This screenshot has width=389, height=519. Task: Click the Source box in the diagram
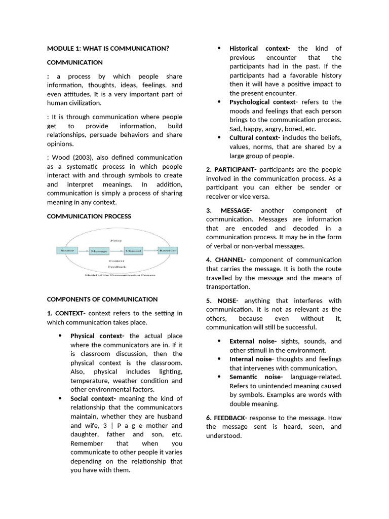point(67,250)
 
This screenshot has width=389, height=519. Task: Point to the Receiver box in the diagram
point(167,250)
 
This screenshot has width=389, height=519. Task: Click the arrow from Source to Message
point(83,251)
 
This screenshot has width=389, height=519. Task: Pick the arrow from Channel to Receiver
point(150,250)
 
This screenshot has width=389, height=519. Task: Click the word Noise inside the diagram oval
point(115,241)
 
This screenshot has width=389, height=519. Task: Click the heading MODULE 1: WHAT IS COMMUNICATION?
point(108,49)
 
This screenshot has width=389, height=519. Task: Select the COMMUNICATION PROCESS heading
point(89,216)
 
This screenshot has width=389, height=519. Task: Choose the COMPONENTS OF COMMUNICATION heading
point(102,299)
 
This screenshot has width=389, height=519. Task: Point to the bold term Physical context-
point(97,336)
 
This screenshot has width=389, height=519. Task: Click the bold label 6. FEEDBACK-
point(226,418)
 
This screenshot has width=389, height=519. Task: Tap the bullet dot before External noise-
point(219,341)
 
